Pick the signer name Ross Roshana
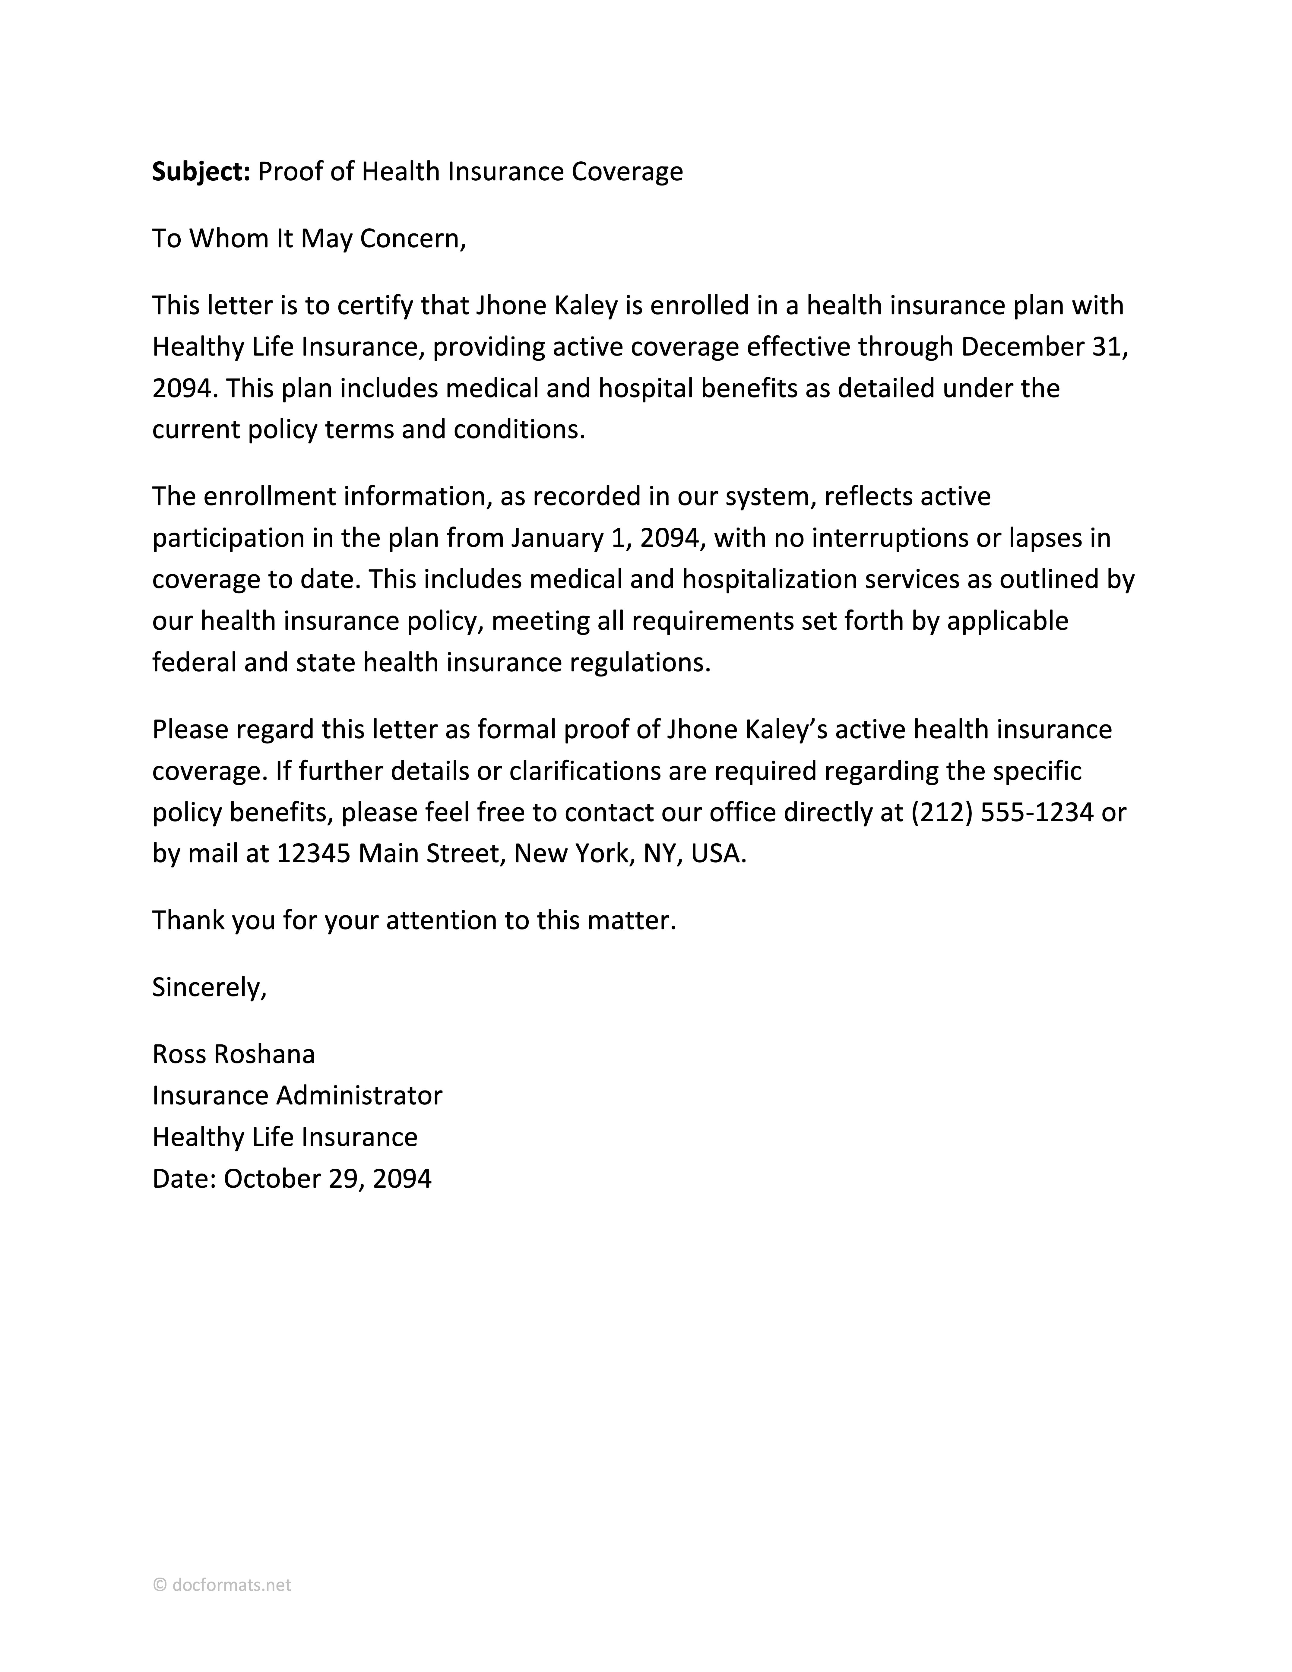233,1054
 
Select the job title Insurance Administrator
297,1096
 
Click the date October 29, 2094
327,1178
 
